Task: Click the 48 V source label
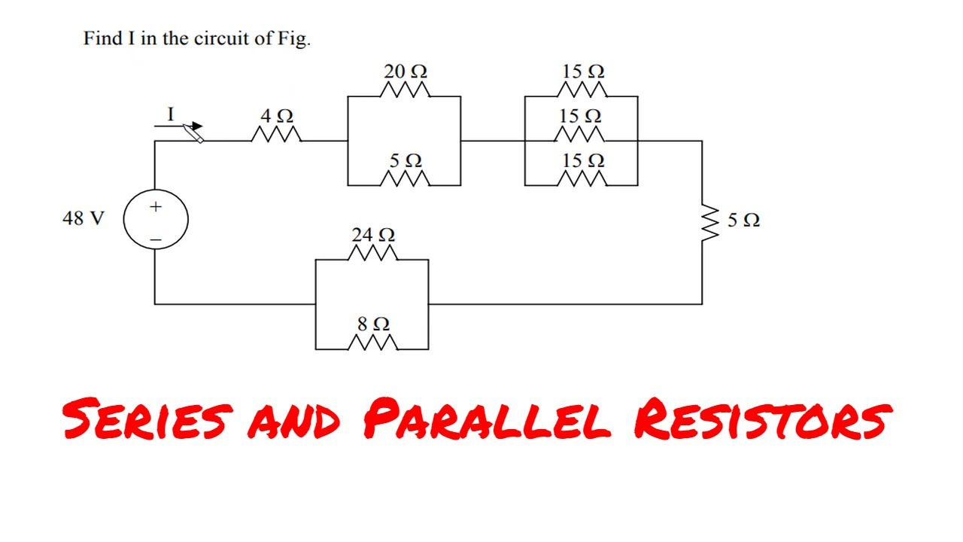pyautogui.click(x=83, y=219)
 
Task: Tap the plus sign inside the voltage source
pyautogui.click(x=156, y=206)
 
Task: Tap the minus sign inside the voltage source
pyautogui.click(x=156, y=239)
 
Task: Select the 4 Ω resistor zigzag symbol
pyautogui.click(x=276, y=135)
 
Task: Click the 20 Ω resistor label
pyautogui.click(x=406, y=72)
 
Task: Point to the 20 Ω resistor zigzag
pyautogui.click(x=406, y=91)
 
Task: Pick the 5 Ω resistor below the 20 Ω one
pyautogui.click(x=406, y=179)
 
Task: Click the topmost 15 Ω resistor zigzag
pyautogui.click(x=582, y=91)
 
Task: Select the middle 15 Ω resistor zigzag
pyautogui.click(x=582, y=135)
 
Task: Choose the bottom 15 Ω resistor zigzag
pyautogui.click(x=582, y=179)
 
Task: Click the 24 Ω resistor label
pyautogui.click(x=373, y=236)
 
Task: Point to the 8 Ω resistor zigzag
pyautogui.click(x=373, y=343)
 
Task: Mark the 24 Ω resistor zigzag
pyautogui.click(x=373, y=254)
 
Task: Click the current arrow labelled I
pyautogui.click(x=181, y=127)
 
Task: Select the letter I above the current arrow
pyautogui.click(x=170, y=114)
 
